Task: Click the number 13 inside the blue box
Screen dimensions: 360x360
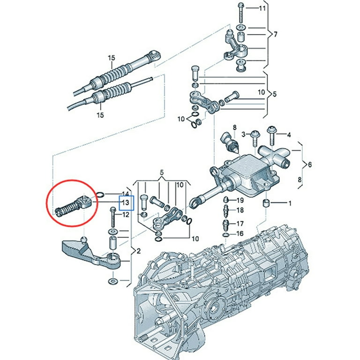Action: [x=126, y=202]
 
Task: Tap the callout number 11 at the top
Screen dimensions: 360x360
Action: [x=262, y=9]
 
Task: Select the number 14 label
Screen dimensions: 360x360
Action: [x=125, y=194]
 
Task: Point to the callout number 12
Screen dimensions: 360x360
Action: [x=125, y=215]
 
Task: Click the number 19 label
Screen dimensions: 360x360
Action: [x=240, y=200]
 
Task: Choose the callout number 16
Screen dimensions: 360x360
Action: [x=240, y=233]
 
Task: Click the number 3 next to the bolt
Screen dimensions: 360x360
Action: [x=243, y=135]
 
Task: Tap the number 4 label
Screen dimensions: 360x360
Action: [x=289, y=135]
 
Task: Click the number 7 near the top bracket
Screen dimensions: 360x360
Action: [x=276, y=35]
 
